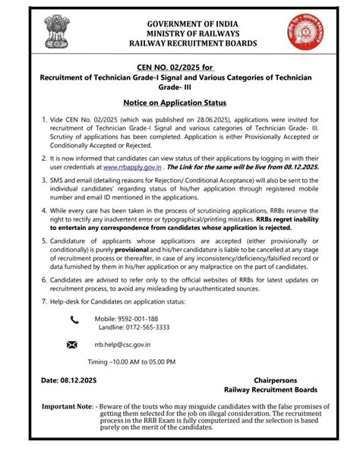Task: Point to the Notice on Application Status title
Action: (x=179, y=101)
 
